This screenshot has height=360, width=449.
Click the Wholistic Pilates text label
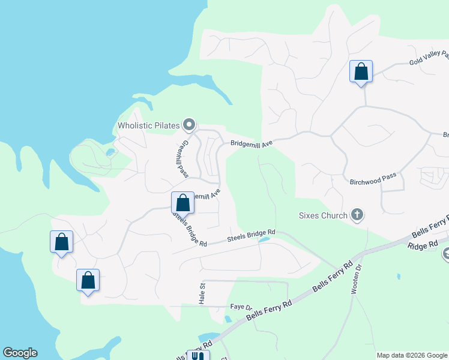[149, 125]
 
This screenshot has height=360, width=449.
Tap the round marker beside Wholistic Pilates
[189, 125]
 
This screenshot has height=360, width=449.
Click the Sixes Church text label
[324, 215]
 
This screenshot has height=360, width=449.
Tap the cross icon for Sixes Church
[357, 215]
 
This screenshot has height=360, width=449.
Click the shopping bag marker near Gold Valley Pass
[361, 72]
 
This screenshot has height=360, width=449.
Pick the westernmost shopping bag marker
[61, 242]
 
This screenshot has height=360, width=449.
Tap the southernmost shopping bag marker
[88, 280]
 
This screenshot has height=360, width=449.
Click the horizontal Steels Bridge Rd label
[251, 235]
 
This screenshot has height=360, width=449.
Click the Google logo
[20, 353]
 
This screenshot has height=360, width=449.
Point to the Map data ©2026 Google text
[411, 355]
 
